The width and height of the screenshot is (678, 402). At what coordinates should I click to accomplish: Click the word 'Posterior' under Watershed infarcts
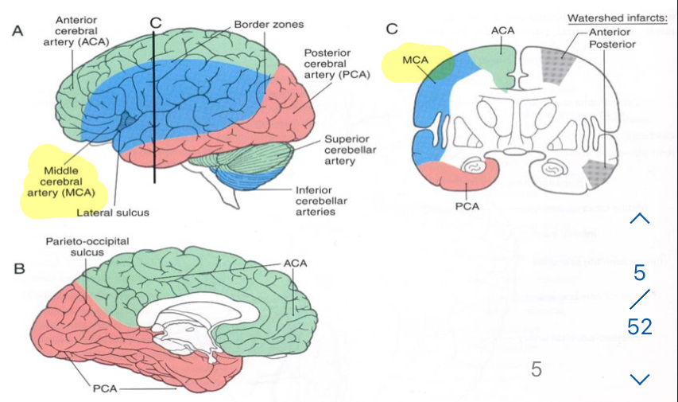tap(612, 44)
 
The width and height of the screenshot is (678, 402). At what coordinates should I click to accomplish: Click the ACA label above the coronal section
tap(502, 29)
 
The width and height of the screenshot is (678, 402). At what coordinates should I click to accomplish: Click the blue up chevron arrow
tap(640, 218)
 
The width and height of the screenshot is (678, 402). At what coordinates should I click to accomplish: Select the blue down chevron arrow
tap(640, 378)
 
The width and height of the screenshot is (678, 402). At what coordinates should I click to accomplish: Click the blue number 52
tap(639, 326)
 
